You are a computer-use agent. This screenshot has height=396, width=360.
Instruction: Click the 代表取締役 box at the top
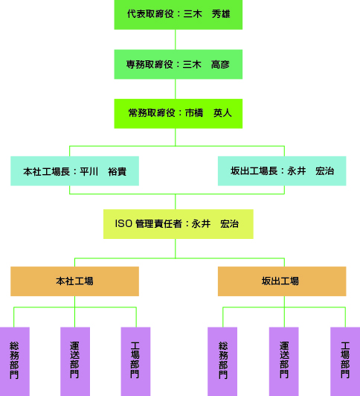178,15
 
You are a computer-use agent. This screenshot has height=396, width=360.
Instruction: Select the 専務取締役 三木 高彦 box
178,64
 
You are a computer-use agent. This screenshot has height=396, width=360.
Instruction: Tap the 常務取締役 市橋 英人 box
178,114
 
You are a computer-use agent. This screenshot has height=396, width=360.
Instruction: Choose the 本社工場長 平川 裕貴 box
74,171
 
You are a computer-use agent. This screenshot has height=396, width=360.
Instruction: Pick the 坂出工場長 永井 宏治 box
282,171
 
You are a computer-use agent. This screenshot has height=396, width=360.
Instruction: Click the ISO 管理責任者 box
178,224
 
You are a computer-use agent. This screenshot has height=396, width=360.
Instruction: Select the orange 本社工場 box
74,281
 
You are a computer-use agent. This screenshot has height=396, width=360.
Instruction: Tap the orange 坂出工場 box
282,281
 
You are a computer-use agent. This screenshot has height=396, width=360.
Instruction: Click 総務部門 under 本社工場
15,362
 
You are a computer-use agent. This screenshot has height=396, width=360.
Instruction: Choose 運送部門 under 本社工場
75,362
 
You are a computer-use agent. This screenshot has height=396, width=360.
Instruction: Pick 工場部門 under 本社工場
135,362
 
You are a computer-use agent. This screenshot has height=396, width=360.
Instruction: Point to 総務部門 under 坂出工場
222,362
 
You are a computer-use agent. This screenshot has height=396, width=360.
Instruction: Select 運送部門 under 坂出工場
284,362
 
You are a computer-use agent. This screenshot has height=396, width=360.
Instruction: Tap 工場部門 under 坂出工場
345,362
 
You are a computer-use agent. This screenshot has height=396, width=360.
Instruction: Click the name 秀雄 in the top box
221,14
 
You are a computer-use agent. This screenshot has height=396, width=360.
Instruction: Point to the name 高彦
220,65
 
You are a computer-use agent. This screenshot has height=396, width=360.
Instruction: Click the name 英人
222,113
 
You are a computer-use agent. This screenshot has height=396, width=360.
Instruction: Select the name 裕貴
118,171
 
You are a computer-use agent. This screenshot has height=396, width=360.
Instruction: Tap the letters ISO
123,223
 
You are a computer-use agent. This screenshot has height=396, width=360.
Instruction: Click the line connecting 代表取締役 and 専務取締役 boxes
176,39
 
